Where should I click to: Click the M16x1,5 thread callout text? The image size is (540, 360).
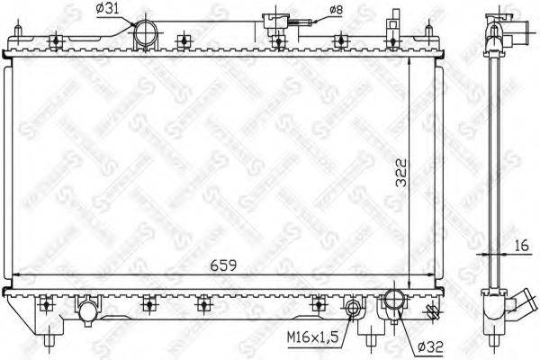(x=314, y=337)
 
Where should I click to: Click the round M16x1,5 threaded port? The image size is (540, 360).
(x=355, y=311)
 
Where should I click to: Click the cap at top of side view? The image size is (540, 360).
(x=494, y=20)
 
